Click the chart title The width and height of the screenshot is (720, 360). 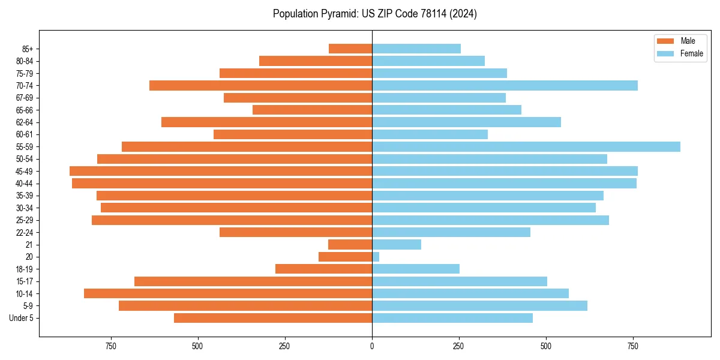click(374, 14)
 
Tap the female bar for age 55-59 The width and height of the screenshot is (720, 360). click(526, 147)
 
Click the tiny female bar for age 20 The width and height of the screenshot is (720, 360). click(376, 257)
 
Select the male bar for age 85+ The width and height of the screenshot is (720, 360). click(350, 49)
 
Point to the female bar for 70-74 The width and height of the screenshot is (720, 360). click(505, 86)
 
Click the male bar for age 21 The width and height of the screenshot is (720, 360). click(350, 245)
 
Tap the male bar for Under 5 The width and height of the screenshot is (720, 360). click(273, 318)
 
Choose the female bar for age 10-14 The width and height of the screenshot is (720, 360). click(470, 293)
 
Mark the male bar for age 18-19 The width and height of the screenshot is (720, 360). click(323, 269)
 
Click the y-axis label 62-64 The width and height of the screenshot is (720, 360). click(24, 122)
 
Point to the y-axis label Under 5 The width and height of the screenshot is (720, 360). click(22, 318)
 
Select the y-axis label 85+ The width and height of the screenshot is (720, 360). click(26, 49)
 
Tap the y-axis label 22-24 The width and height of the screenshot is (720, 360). click(24, 232)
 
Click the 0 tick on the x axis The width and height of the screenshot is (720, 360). click(372, 346)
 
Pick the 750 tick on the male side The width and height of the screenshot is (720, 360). click(111, 346)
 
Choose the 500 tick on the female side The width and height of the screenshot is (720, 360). click(545, 346)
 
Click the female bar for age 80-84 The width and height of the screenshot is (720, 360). click(428, 61)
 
